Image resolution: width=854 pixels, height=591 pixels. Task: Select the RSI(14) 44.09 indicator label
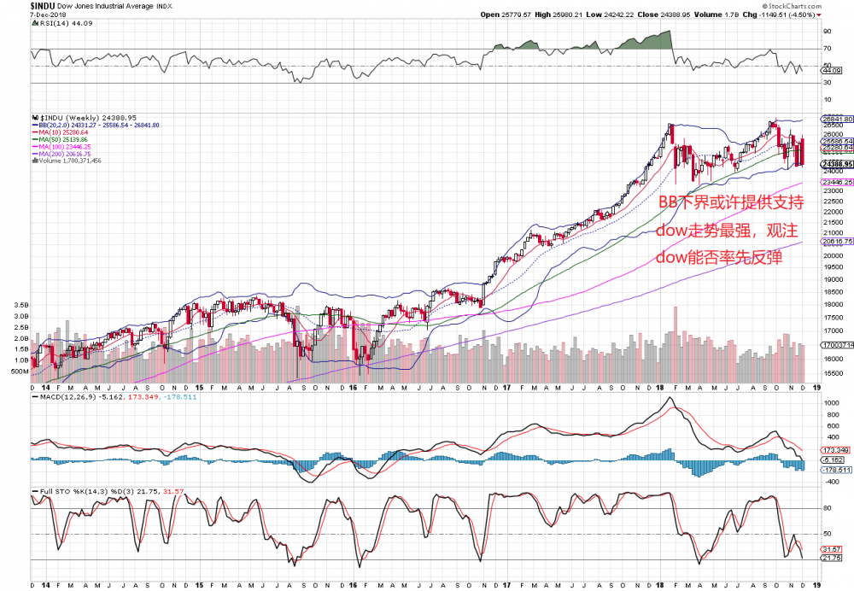click(x=53, y=23)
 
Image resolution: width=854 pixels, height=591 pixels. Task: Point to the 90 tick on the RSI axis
click(x=826, y=32)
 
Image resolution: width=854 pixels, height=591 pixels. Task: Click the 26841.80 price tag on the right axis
click(x=836, y=119)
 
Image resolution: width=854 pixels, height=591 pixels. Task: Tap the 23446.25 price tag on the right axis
click(x=836, y=182)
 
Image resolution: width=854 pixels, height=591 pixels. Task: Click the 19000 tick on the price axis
click(x=833, y=278)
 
